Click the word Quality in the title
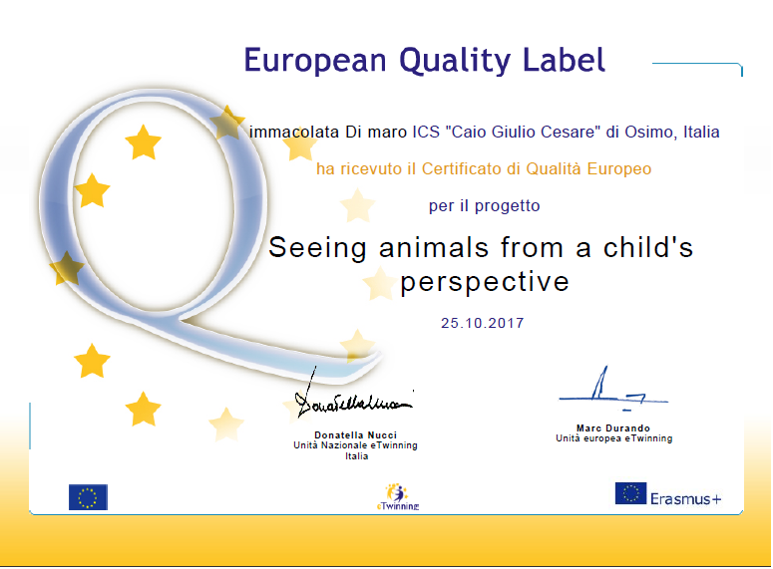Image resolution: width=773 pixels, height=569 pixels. pyautogui.click(x=455, y=62)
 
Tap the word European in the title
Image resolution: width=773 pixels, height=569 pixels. pyautogui.click(x=315, y=60)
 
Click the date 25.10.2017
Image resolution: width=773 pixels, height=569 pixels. pyautogui.click(x=482, y=323)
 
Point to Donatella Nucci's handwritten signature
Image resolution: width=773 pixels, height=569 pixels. pyautogui.click(x=352, y=397)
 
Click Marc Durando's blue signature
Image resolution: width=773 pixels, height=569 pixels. pyautogui.click(x=612, y=390)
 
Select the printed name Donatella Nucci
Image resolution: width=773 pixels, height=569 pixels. pyautogui.click(x=355, y=435)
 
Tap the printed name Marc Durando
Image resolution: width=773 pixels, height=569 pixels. pyautogui.click(x=613, y=428)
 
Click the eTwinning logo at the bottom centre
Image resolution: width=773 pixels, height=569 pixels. pyautogui.click(x=398, y=496)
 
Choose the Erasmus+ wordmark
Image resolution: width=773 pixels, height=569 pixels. pyautogui.click(x=685, y=499)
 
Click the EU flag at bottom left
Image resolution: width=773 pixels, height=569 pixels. pyautogui.click(x=88, y=497)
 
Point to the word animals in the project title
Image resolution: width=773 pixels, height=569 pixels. pyautogui.click(x=433, y=247)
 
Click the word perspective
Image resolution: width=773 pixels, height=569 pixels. pyautogui.click(x=484, y=283)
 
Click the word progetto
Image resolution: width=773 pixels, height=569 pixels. pyautogui.click(x=507, y=206)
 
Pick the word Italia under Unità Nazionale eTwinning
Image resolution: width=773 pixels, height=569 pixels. pyautogui.click(x=356, y=456)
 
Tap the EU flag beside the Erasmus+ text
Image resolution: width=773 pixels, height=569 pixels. pyautogui.click(x=630, y=493)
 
